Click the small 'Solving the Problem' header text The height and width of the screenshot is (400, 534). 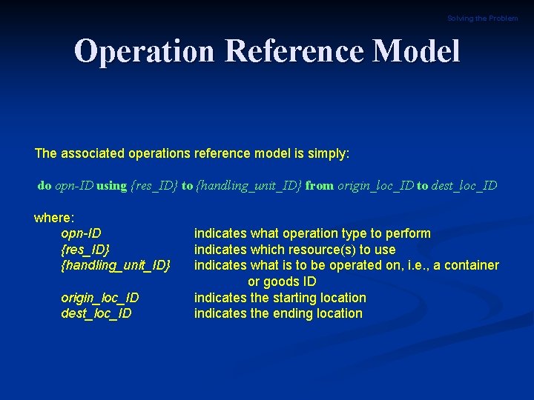pos(482,19)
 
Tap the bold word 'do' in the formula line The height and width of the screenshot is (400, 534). pos(44,186)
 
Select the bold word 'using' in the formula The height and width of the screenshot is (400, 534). pos(112,186)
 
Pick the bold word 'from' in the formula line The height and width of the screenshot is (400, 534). pos(320,186)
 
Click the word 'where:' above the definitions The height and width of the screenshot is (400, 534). pos(54,218)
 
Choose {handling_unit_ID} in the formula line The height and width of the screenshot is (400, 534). pos(249,186)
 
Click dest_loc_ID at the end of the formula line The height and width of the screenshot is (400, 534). pos(464,186)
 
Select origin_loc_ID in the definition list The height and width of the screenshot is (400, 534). pos(99,298)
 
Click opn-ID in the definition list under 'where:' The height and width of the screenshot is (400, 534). pos(81,233)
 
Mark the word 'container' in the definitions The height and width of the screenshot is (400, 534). pos(472,265)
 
